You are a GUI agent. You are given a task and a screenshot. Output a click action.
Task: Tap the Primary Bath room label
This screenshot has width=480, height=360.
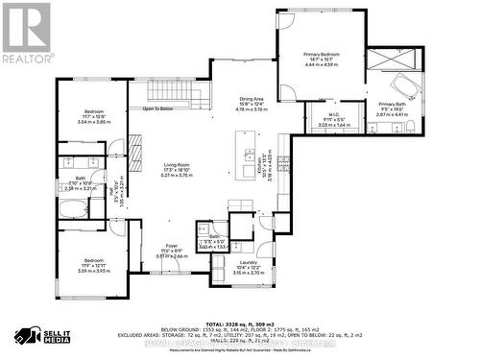point(392,108)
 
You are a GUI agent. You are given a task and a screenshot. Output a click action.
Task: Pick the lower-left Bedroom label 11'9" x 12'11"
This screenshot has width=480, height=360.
point(94,266)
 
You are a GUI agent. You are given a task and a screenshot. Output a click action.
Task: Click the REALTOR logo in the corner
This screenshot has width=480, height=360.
point(26,30)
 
